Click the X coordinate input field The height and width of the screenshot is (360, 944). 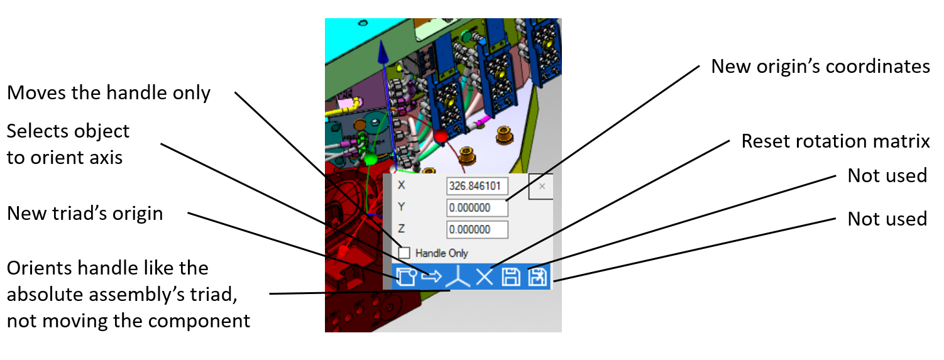[x=477, y=186]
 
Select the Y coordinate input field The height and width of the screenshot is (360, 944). [x=477, y=207]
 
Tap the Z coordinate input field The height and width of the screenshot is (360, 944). [x=477, y=229]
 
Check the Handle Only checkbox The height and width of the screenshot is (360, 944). [x=403, y=253]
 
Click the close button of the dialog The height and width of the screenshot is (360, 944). [x=542, y=186]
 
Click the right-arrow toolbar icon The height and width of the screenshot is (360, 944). [x=432, y=276]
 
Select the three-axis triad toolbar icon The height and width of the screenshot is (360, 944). [x=458, y=277]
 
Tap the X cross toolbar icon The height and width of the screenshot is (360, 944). [x=485, y=277]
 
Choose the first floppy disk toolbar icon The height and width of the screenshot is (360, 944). [x=511, y=277]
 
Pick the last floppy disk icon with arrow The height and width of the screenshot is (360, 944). [x=537, y=277]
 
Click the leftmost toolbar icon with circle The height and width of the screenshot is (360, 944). [x=406, y=277]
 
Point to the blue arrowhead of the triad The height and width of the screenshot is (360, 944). [x=383, y=53]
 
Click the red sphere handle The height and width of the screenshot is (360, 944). [x=441, y=136]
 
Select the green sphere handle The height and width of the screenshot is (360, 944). [x=370, y=159]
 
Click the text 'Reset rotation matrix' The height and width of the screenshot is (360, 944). [x=835, y=141]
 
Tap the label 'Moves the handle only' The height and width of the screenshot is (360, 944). [x=108, y=92]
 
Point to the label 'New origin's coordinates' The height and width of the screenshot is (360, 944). [x=821, y=67]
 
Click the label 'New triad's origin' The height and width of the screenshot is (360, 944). [x=85, y=214]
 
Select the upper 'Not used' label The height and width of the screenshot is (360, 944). [x=887, y=175]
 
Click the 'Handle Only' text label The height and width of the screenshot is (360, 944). [x=442, y=253]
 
